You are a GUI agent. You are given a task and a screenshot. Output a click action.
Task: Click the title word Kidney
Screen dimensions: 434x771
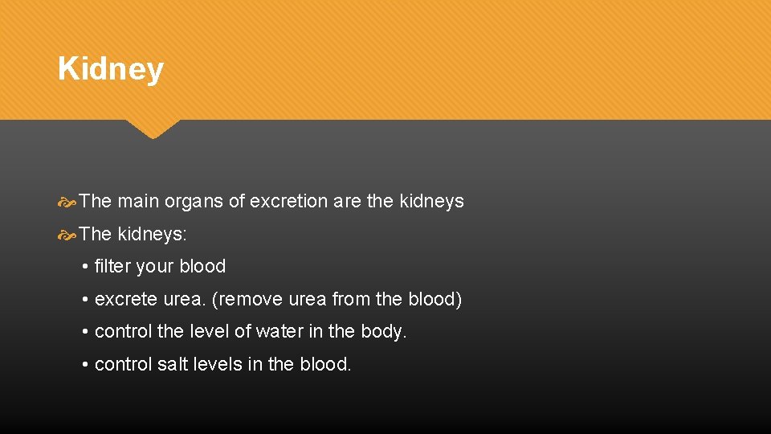pyautogui.click(x=111, y=69)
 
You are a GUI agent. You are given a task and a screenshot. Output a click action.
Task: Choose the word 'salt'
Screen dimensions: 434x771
pyautogui.click(x=173, y=364)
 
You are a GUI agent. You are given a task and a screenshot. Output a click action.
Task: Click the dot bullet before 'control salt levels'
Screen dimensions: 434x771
pyautogui.click(x=84, y=364)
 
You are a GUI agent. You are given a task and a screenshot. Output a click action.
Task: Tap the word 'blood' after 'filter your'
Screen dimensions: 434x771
pyautogui.click(x=202, y=266)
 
